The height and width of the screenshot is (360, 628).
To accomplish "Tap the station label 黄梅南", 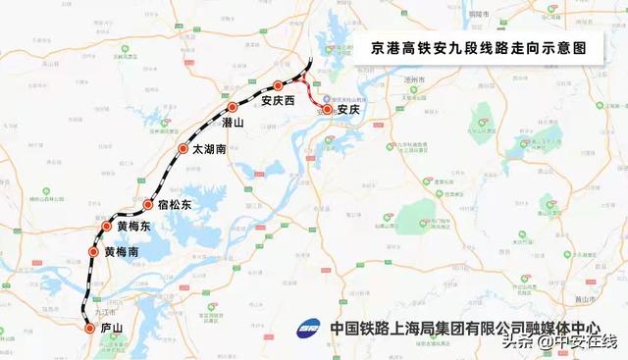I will click(x=122, y=252).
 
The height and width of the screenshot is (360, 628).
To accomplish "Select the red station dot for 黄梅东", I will click(x=108, y=227).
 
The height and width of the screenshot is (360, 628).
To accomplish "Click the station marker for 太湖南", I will click(x=183, y=149).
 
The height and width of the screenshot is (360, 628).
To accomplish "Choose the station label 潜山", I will click(x=234, y=124).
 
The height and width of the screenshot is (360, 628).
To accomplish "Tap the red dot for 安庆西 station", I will click(x=278, y=86).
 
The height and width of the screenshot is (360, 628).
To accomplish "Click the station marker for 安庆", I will click(x=329, y=111).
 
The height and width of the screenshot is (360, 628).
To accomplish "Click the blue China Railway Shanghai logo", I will click(x=310, y=329).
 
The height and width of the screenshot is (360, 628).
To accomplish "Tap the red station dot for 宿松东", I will click(x=148, y=206).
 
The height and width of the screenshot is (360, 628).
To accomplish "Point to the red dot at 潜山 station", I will click(x=233, y=108).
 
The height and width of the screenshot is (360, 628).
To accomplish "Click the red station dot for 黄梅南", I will click(x=94, y=252).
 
